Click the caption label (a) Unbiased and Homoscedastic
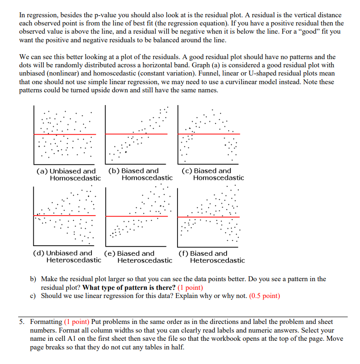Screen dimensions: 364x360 coord(69,174)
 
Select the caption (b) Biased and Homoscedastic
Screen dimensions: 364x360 coord(140,174)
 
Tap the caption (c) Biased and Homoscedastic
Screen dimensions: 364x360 coord(213,174)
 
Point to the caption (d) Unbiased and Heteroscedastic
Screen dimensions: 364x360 coord(67,257)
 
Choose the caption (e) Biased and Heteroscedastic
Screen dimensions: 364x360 coord(138,257)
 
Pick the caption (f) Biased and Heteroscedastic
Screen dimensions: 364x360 coord(211,257)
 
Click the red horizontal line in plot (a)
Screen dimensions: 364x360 coord(65,134)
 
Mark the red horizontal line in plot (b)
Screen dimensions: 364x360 coord(137,134)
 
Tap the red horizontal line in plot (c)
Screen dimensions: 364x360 coord(209,133)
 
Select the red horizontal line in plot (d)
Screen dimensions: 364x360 coord(65,216)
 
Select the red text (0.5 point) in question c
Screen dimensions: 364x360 coord(264,296)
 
